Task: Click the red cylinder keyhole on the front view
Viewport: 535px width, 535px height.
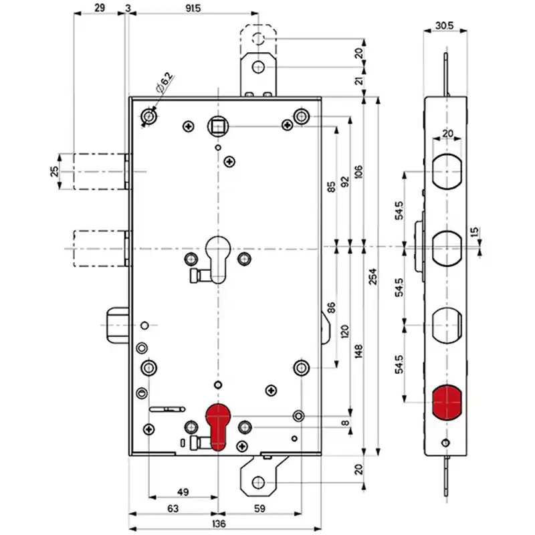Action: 218,427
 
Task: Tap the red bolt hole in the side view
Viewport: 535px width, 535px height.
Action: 447,403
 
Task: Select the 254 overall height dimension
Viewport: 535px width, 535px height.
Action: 373,276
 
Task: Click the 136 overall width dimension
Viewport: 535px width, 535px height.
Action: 219,524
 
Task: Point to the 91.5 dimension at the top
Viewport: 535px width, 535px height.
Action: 193,8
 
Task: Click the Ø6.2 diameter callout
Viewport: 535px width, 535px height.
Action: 165,82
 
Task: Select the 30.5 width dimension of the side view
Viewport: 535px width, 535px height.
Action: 445,25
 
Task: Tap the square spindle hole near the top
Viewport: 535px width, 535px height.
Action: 218,126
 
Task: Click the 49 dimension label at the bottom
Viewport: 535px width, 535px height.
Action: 183,492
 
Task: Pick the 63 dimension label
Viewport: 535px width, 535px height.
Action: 173,509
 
